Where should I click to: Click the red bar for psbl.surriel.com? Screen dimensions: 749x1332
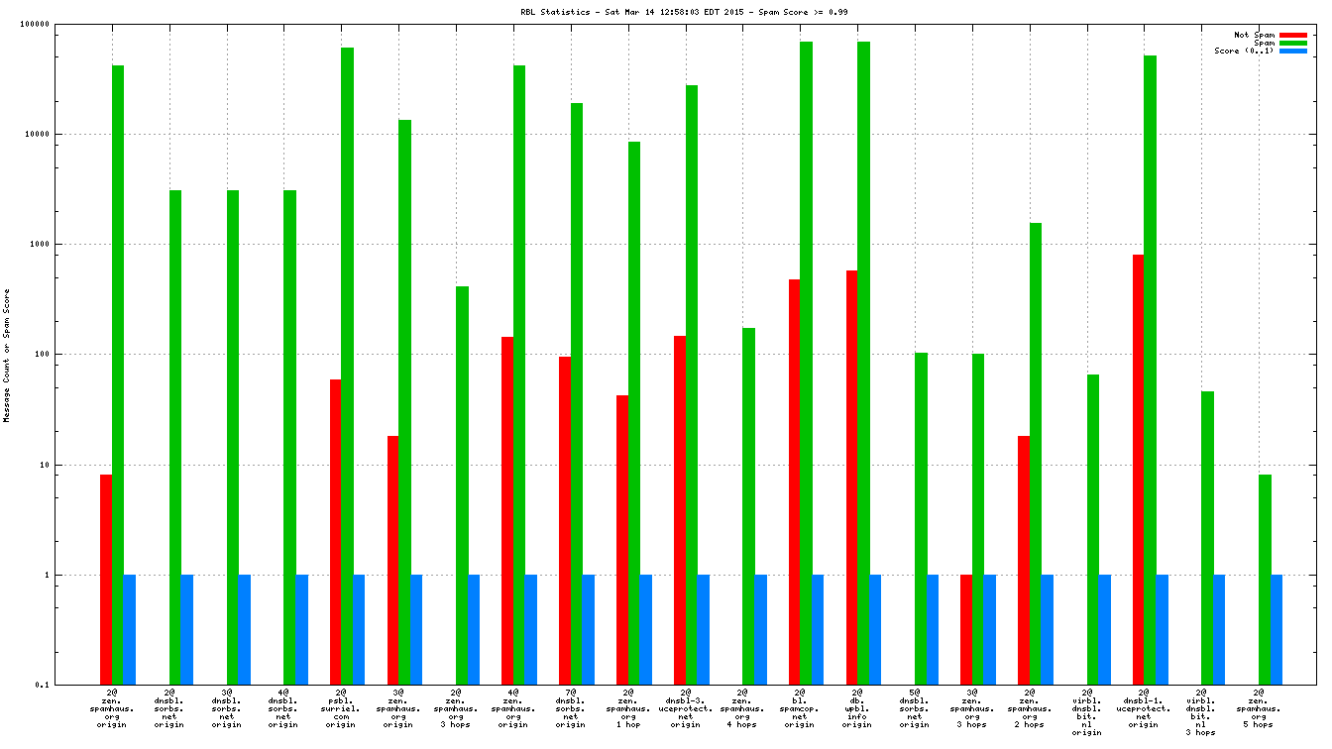pos(335,532)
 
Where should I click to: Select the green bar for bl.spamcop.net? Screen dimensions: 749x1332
pos(806,363)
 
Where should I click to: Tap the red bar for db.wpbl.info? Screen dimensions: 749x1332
pos(851,478)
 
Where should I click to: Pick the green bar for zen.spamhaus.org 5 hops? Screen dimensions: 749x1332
pos(1265,580)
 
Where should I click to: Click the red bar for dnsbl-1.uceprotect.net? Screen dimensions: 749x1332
pos(1138,470)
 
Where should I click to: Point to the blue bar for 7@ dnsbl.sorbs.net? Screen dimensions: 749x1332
pos(589,629)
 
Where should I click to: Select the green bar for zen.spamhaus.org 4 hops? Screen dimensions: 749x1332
pos(748,506)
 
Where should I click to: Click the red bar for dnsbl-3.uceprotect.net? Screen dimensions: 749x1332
pos(679,510)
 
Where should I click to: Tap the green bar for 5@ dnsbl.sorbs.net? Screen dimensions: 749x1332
pos(921,518)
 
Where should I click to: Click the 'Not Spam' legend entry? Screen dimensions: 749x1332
pos(1254,35)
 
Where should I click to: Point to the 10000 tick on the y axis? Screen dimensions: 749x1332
pos(63,135)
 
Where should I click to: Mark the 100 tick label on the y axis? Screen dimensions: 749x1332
pos(67,355)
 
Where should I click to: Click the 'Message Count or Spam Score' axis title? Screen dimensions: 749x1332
pos(7,356)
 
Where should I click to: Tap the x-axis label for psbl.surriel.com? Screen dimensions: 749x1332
pos(340,707)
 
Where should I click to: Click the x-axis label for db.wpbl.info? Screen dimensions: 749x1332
pos(856,707)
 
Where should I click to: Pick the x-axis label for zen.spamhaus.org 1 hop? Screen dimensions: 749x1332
pos(626,707)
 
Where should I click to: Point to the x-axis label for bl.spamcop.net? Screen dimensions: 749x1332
pos(799,707)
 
